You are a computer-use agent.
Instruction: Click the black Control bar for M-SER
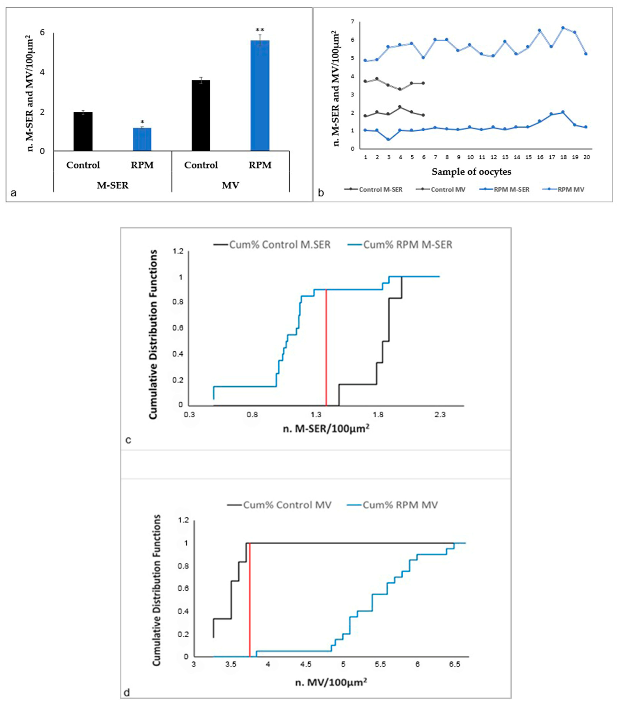click(x=83, y=132)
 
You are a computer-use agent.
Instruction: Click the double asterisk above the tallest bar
click(x=260, y=30)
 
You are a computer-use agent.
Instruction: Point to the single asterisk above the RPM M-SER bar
click(x=142, y=122)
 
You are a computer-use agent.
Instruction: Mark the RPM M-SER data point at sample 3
click(x=388, y=139)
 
